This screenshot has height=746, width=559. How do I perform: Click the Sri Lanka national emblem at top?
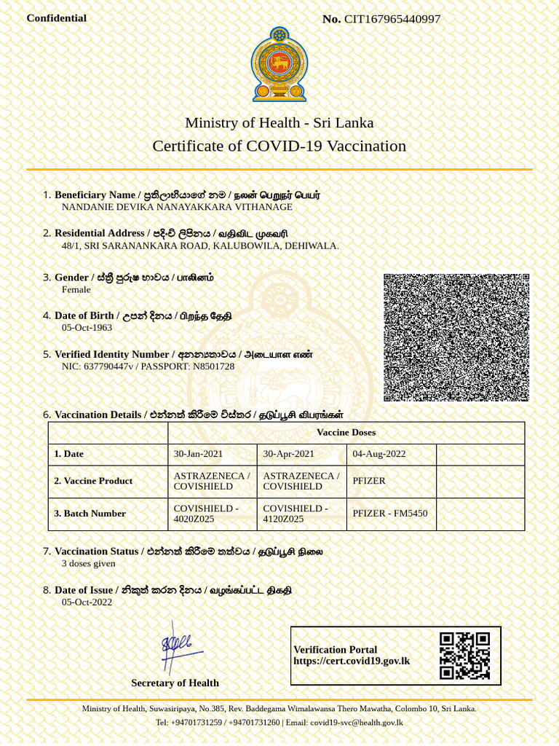pos(279,64)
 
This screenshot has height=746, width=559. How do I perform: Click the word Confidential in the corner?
pos(56,18)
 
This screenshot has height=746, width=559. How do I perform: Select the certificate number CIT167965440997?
pos(392,19)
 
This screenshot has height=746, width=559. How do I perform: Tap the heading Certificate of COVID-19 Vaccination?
pos(279,146)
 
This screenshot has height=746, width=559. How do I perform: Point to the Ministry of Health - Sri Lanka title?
pos(279,122)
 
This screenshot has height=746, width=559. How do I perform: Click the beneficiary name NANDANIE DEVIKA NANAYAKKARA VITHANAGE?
pos(177,207)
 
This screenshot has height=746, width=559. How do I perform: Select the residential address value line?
pos(200,246)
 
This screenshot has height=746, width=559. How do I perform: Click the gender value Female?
pos(76,289)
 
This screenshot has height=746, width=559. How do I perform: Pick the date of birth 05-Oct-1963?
pos(87,327)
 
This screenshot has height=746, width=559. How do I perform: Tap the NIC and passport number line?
pos(148,366)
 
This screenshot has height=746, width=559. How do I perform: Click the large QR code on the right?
pos(456,337)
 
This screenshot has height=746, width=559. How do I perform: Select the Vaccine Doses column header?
pos(346,432)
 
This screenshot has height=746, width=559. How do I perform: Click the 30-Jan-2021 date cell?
pos(198,453)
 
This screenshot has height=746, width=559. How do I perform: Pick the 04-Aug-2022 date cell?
pos(378,453)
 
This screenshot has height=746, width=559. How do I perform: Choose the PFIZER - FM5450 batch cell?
pos(390,513)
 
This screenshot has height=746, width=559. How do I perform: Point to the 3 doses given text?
pos(88,563)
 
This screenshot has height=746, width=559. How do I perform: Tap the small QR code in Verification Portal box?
pos(464,656)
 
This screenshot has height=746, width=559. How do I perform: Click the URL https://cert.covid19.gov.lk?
pos(352,661)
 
